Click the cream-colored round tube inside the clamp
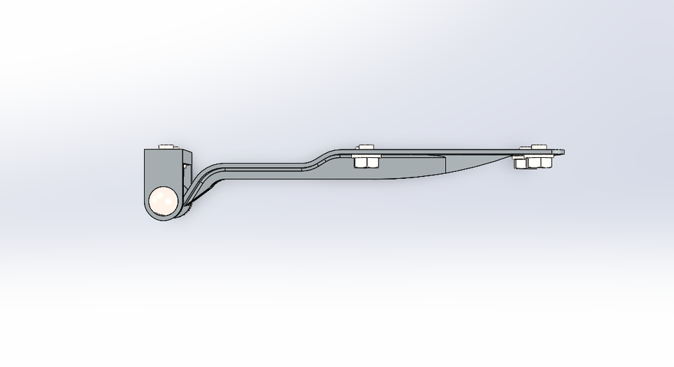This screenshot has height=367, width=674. pyautogui.click(x=164, y=201)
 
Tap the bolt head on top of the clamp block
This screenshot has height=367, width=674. pyautogui.click(x=167, y=147)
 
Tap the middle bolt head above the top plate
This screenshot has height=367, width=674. pyautogui.click(x=364, y=147)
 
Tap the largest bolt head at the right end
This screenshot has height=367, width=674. pyautogui.click(x=536, y=147)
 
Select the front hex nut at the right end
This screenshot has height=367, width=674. pyautogui.click(x=540, y=163)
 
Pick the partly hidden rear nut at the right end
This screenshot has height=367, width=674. pyautogui.click(x=520, y=163)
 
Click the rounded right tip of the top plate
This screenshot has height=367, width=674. pyautogui.click(x=561, y=152)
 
